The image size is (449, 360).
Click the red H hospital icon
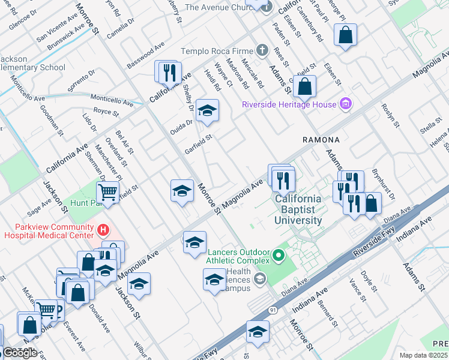pyautogui.click(x=104, y=229)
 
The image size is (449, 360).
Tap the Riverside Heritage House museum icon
pyautogui.click(x=345, y=104)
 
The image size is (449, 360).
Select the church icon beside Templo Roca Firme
pyautogui.click(x=262, y=52)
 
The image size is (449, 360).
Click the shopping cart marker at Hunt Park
pyautogui.click(x=107, y=193)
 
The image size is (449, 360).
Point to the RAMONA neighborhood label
pyautogui.click(x=321, y=140)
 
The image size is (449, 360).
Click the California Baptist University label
pyautogui.click(x=298, y=209)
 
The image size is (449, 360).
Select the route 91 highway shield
pyautogui.click(x=273, y=309)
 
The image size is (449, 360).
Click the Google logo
pyautogui.click(x=20, y=352)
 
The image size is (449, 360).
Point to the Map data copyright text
pyautogui.click(x=423, y=355)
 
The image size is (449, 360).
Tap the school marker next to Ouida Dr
pyautogui.click(x=207, y=111)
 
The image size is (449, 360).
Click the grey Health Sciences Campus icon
pyautogui.click(x=259, y=278)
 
